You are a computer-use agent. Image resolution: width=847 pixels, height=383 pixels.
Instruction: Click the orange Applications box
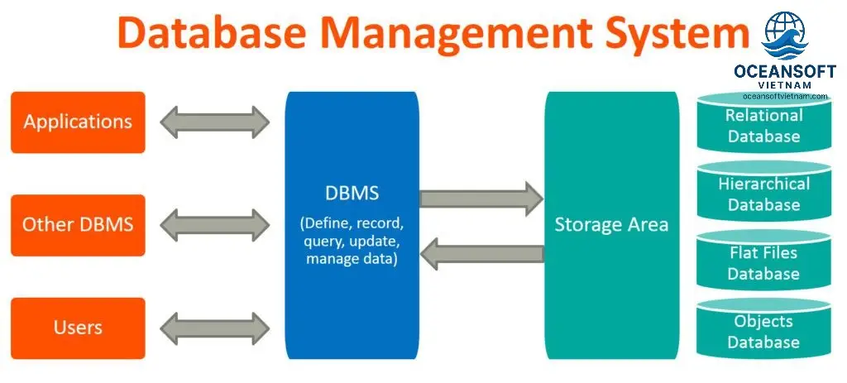coord(78,122)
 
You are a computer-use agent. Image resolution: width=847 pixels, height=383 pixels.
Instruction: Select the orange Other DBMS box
coord(78,224)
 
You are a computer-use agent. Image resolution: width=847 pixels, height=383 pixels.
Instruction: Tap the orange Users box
coord(78,328)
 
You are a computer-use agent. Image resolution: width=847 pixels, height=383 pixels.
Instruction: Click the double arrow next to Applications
coord(215,122)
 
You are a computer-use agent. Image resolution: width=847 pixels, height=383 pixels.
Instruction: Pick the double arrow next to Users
coord(215,328)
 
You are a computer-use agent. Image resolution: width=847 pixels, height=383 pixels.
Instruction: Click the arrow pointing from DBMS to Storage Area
coord(481,199)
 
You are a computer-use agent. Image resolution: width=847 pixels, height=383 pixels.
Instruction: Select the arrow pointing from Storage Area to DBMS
coord(481,252)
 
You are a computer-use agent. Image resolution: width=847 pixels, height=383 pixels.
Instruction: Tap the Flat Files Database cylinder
coord(763,263)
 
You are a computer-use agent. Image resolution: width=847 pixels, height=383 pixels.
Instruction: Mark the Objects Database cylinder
coord(763,332)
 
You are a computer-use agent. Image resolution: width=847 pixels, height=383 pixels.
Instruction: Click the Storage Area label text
coord(611,224)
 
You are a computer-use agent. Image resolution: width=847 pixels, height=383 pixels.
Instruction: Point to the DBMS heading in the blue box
coord(352,194)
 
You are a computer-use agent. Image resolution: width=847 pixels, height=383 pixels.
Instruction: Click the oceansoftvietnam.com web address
coord(780,96)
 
